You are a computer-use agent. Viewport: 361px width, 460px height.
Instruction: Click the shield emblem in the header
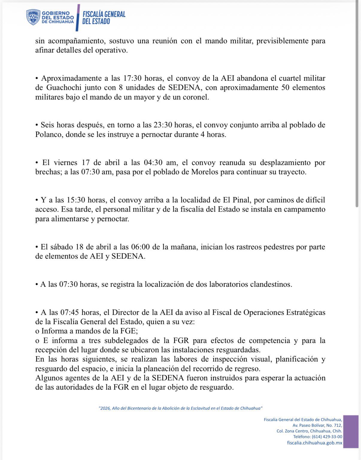coord(33,17)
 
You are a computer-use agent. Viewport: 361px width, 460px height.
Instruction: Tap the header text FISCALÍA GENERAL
coord(104,14)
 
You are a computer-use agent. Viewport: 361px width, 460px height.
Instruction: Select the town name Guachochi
coord(62,88)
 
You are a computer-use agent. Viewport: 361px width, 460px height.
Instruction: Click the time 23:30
coord(163,125)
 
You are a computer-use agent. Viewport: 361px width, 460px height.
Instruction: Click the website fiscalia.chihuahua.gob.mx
coord(315,443)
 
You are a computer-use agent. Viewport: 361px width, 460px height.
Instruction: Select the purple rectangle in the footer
coord(351,431)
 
